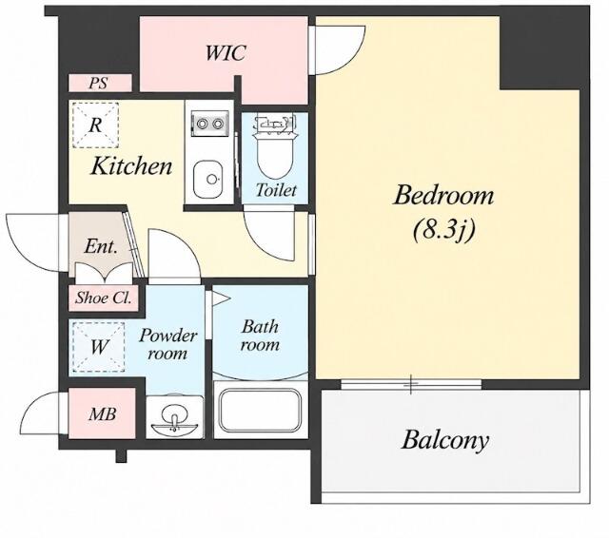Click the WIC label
coord(225,52)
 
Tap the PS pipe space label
coord(98,83)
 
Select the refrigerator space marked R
coord(95,125)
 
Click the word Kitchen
coord(131,166)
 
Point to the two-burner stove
coord(209,124)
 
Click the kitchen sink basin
coord(208,180)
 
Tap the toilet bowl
coord(275,155)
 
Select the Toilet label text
coord(276,190)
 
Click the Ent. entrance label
coord(101,246)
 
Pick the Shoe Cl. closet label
coord(103,298)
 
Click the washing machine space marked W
coord(99,347)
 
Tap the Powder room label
coord(167,344)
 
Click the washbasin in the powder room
coord(174,421)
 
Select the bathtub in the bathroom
coord(260,410)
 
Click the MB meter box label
coord(102,414)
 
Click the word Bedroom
coord(444,196)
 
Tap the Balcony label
coord(444,440)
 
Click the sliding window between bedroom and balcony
coord(411,384)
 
